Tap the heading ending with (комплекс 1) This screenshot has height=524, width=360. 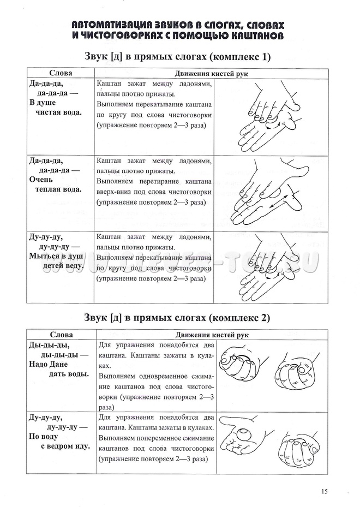[178, 57]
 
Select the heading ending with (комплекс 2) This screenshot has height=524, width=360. [178, 317]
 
